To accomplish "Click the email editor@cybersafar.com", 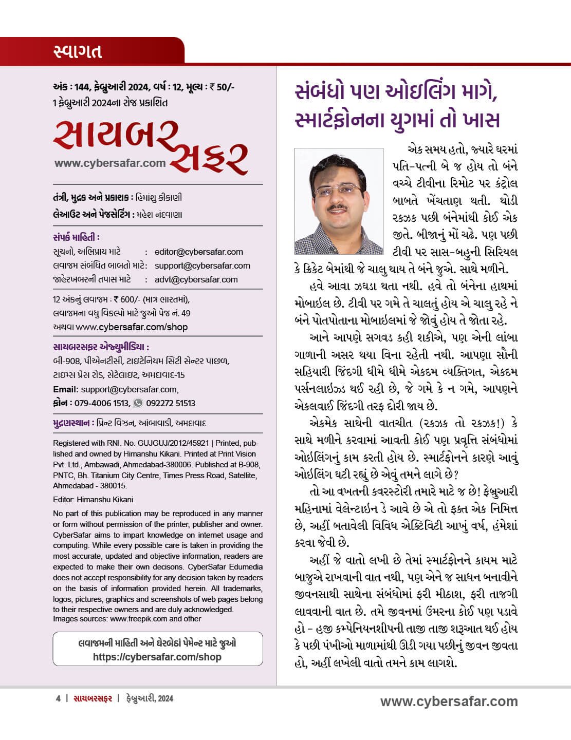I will click(x=198, y=252).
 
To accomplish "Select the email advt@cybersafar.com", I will click(x=196, y=280).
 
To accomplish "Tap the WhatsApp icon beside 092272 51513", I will click(x=138, y=403).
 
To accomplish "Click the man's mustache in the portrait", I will click(x=338, y=208).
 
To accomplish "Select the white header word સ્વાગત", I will click(x=78, y=51).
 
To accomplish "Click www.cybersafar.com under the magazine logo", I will click(x=110, y=164).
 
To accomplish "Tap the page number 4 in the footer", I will click(x=58, y=698).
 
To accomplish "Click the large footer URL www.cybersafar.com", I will click(x=449, y=701).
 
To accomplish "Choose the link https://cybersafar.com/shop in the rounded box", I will click(x=157, y=657).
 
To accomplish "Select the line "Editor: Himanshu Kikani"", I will click(x=93, y=499).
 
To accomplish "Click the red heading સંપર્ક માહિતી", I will click(x=76, y=237).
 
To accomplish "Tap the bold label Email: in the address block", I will click(x=66, y=389).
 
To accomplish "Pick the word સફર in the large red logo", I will click(x=209, y=154).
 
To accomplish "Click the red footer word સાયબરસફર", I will click(x=93, y=698).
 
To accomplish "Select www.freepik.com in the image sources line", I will click(x=138, y=619).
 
